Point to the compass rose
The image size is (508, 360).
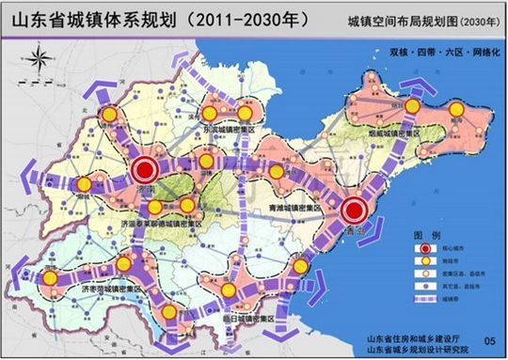[39, 62]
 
